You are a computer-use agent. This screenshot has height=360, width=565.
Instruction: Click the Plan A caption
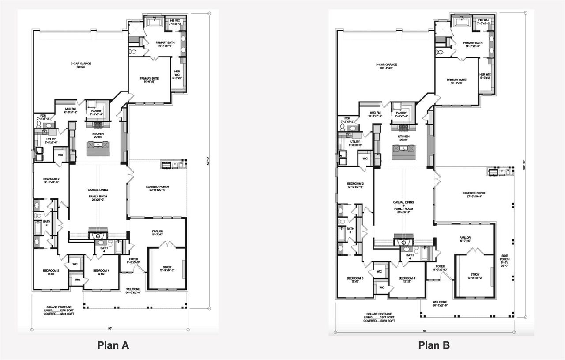tap(113, 345)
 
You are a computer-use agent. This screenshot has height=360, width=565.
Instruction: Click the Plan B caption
tap(434, 345)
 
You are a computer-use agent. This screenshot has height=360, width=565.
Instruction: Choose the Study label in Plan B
tap(475, 276)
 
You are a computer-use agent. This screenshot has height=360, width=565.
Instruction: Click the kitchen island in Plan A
tap(97, 149)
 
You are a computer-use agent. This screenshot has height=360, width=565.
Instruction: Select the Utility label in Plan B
tap(356, 143)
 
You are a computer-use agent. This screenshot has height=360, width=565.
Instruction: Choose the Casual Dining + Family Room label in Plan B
tap(403, 205)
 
